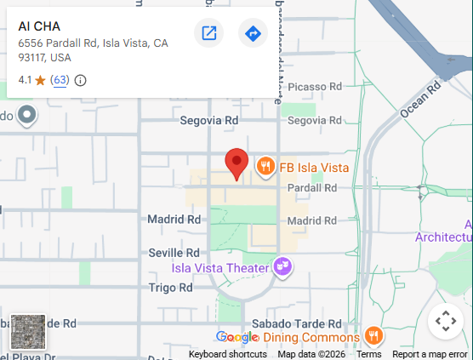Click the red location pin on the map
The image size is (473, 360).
(236, 162)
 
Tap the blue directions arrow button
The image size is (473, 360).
(253, 33)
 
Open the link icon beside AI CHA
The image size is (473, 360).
(208, 33)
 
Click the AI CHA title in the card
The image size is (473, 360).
(39, 26)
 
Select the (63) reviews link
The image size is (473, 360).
(60, 80)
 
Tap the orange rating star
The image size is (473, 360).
(40, 80)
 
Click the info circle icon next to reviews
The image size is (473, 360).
(81, 80)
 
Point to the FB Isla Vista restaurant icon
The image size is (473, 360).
(266, 167)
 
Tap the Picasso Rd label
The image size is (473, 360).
(314, 87)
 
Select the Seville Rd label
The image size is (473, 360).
(174, 253)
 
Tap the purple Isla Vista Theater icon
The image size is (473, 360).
(282, 269)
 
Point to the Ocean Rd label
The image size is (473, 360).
(421, 99)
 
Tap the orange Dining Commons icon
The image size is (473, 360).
(372, 336)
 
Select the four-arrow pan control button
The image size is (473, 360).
(445, 321)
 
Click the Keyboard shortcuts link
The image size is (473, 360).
(227, 354)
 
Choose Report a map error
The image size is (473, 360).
(430, 354)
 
